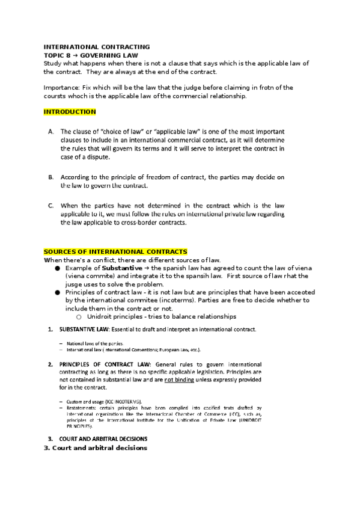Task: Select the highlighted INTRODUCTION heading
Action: [70, 112]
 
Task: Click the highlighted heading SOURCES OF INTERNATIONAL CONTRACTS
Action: [116, 251]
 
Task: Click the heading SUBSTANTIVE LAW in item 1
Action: [82, 330]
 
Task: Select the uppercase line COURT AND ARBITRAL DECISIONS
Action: [103, 439]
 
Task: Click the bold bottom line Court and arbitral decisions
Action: [95, 448]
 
